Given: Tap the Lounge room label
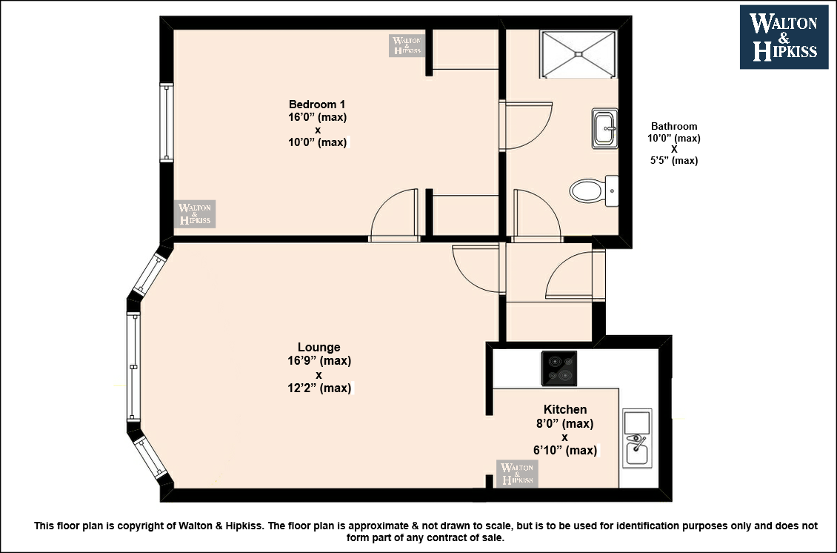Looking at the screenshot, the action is click(x=319, y=348).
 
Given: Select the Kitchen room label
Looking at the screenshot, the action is click(x=564, y=410).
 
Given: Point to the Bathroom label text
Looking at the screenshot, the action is click(x=673, y=127).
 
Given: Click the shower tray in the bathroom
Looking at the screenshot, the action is click(x=578, y=54).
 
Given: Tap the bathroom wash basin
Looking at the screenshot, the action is click(x=605, y=128).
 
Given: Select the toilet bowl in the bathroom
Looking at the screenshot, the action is click(x=587, y=191).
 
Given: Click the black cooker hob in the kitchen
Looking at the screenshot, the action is click(x=559, y=368).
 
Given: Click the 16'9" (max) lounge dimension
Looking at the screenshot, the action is click(x=319, y=361).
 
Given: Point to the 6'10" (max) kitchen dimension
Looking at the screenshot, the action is click(x=564, y=451).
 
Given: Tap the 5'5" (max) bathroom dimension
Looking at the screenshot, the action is click(x=673, y=160).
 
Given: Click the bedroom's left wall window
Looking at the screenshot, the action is click(x=167, y=122).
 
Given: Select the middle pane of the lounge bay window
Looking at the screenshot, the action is click(x=133, y=367).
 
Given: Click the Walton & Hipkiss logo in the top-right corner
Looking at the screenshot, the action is click(x=784, y=37).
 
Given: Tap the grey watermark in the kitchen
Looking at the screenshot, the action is click(x=517, y=474).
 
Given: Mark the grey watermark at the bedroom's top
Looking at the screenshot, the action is click(x=407, y=45).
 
